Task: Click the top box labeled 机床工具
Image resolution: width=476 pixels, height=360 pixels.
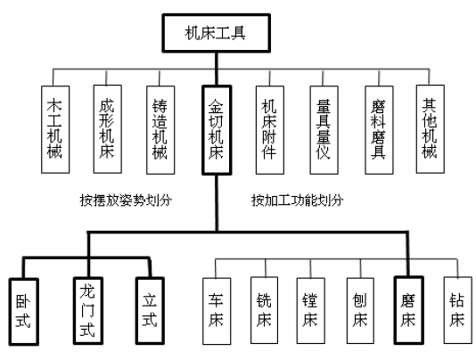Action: (216, 33)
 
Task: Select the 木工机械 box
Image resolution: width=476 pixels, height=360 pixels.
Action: (55, 129)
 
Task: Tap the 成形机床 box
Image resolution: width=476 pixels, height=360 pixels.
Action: (108, 129)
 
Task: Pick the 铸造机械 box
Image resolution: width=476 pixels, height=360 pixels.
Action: (160, 130)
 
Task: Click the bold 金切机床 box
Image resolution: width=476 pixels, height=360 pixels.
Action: (217, 130)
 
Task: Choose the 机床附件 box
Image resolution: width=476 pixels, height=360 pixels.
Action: (270, 130)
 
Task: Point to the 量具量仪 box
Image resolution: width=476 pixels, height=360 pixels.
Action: (324, 130)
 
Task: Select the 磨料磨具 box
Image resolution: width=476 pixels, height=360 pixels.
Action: (379, 130)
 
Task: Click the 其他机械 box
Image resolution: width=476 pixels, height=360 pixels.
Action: (431, 129)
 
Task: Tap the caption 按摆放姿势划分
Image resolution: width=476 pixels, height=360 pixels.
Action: (126, 200)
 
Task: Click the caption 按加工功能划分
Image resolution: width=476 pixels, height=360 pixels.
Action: (298, 200)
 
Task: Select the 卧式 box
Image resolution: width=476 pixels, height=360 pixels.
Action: (24, 312)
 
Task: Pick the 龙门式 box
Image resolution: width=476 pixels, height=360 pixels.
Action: (88, 311)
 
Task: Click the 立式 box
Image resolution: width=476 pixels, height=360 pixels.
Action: (150, 311)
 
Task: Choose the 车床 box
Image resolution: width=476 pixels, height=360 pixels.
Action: (217, 311)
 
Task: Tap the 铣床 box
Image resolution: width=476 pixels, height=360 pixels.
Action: (264, 310)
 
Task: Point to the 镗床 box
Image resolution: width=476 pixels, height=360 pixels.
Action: (310, 310)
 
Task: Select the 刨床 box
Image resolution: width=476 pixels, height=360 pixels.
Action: (360, 310)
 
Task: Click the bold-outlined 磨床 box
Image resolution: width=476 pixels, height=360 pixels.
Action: (408, 310)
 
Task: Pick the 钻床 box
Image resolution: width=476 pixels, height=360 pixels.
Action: (457, 310)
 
